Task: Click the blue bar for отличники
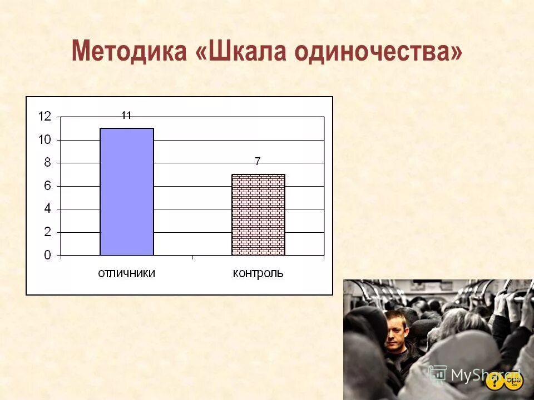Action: pos(126,192)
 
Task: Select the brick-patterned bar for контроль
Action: pos(258,215)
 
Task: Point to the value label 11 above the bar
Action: pos(126,116)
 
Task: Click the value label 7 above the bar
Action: pos(258,162)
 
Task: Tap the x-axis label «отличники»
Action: pos(126,273)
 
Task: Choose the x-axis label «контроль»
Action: pos(258,273)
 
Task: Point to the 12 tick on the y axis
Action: pos(44,117)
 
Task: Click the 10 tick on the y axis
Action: pos(44,140)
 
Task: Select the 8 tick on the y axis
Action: pos(47,163)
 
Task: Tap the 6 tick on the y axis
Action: pos(47,186)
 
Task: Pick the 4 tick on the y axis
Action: pos(47,209)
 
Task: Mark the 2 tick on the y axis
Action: pos(47,232)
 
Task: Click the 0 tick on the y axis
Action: pos(47,256)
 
